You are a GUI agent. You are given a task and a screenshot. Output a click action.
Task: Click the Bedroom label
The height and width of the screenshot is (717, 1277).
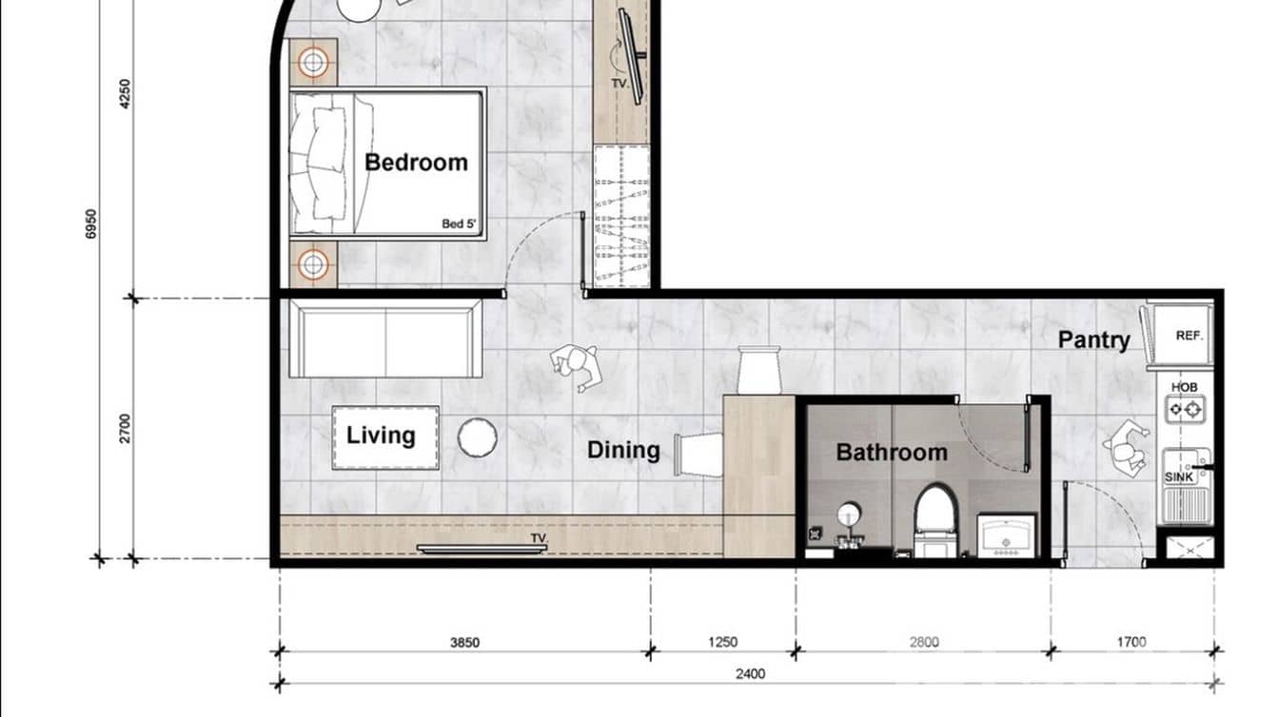pos(416,162)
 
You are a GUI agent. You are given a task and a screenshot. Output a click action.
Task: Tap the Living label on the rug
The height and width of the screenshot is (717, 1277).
pos(381,436)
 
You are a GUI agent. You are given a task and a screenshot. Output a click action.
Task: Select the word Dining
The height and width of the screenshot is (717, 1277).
pos(623,450)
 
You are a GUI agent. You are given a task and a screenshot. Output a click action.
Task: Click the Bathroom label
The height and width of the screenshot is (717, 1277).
pos(892,452)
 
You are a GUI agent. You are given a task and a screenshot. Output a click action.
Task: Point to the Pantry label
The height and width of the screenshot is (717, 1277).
pos(1094,339)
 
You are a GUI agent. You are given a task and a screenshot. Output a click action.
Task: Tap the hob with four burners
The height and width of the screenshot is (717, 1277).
pos(1186,410)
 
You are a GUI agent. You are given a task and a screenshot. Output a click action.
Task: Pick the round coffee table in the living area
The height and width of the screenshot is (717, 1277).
pos(477,437)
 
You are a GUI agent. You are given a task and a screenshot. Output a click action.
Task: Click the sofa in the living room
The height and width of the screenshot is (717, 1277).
pos(385,339)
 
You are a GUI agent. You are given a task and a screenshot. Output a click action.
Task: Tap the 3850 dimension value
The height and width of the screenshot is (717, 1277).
pos(464,643)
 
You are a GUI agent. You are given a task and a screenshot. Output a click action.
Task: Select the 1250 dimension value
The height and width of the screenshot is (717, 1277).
pos(722,643)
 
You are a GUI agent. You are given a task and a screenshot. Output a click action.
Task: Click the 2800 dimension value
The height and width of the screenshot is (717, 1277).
pos(923,643)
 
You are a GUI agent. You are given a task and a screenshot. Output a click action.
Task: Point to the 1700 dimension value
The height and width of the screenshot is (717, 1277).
pos(1131,643)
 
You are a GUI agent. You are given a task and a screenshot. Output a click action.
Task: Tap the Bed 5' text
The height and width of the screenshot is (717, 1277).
pos(458,224)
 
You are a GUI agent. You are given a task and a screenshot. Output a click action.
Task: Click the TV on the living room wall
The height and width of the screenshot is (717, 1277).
pos(481,549)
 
